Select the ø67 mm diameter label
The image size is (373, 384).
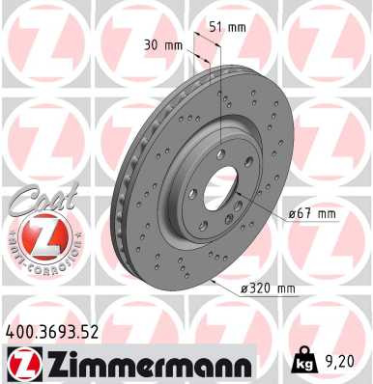[x=312, y=213]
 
